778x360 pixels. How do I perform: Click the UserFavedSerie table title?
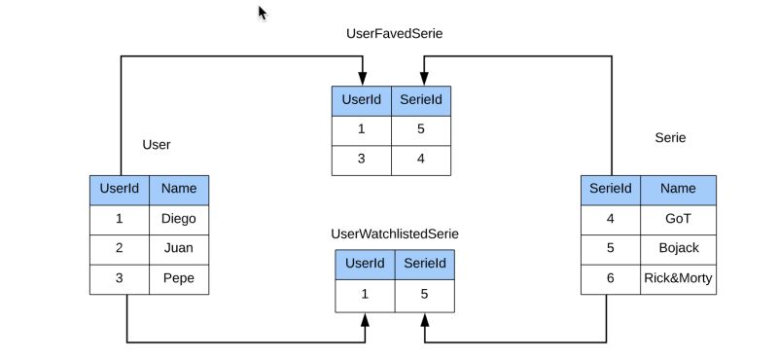point(395,33)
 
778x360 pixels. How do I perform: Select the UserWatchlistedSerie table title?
point(395,234)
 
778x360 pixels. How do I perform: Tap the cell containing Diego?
point(178,219)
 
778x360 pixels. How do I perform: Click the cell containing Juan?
point(178,248)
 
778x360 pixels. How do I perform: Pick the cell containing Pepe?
point(178,278)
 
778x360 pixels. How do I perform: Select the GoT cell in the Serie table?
point(678,219)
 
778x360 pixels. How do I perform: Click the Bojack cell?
point(678,248)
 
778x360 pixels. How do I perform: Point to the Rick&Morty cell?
point(678,278)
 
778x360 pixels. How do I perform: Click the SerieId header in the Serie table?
point(611,190)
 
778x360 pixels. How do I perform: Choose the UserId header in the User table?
point(119,190)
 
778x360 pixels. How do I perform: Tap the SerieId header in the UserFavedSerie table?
point(421,101)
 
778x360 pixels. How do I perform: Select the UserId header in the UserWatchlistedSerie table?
point(365,264)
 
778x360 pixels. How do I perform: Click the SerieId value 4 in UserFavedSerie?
point(421,160)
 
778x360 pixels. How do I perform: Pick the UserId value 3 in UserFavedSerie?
point(361,160)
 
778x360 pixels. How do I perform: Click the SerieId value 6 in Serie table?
point(611,278)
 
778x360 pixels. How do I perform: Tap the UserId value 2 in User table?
point(119,248)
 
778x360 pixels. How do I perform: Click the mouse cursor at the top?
point(262,12)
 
